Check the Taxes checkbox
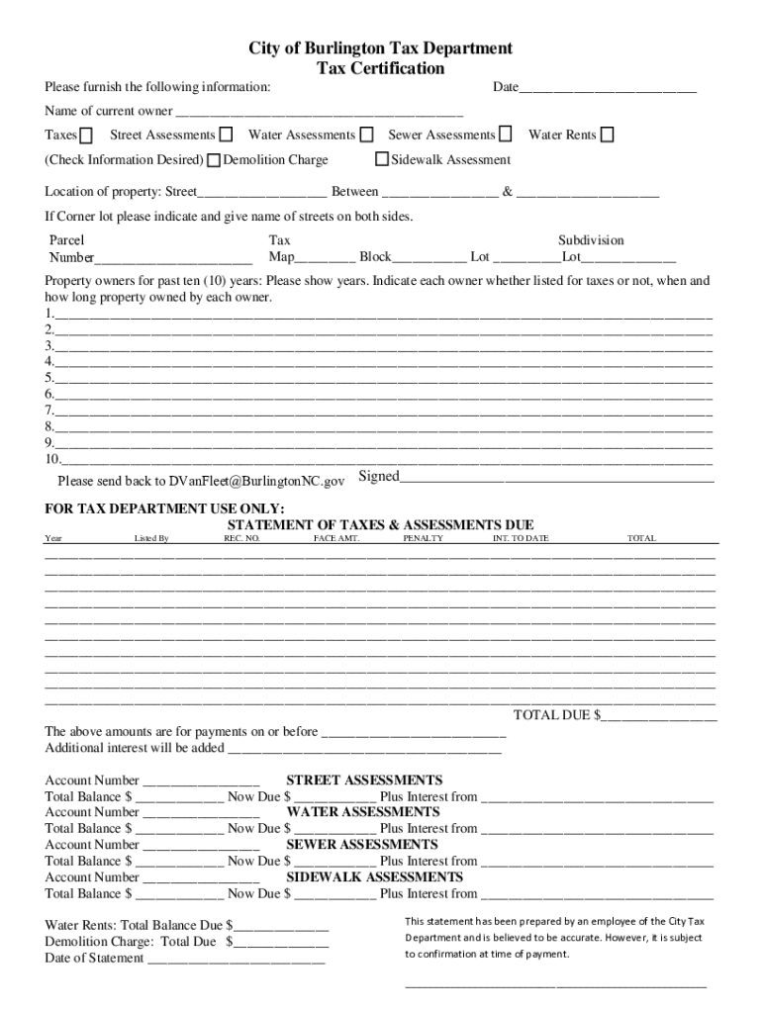click(x=87, y=136)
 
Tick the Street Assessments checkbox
click(x=227, y=135)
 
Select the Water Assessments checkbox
click(x=366, y=135)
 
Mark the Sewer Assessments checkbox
click(x=506, y=135)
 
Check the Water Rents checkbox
click(x=607, y=135)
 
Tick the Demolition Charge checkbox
click(x=214, y=160)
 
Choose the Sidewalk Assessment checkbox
click(x=382, y=159)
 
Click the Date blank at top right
click(x=608, y=89)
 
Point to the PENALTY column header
click(x=423, y=538)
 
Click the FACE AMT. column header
click(x=335, y=538)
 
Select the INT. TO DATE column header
click(x=521, y=538)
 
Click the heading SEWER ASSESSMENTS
click(x=362, y=845)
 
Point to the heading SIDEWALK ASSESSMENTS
click(x=374, y=877)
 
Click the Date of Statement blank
click(x=236, y=959)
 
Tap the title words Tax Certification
click(x=380, y=68)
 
